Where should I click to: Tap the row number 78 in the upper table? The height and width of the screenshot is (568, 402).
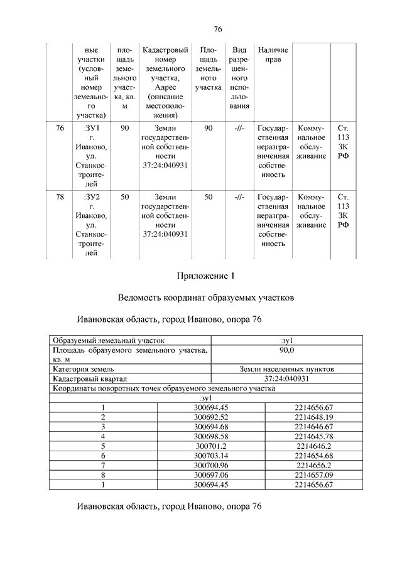pos(60,197)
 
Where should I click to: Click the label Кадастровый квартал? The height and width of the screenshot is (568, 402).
pos(90,379)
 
